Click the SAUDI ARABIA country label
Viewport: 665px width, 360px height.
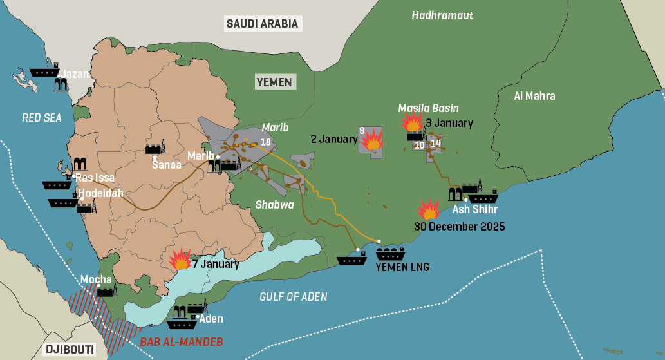click(x=263, y=24)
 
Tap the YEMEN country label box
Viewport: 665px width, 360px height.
click(x=274, y=82)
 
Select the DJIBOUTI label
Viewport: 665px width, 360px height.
click(x=69, y=350)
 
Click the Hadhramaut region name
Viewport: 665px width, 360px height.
click(x=442, y=15)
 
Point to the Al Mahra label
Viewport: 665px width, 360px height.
click(x=534, y=96)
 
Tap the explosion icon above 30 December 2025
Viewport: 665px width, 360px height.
click(x=428, y=209)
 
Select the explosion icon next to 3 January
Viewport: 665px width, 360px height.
click(x=411, y=121)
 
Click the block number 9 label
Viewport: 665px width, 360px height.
click(x=362, y=131)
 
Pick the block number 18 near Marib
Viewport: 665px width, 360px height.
click(x=265, y=142)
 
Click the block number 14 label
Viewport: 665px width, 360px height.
click(x=436, y=144)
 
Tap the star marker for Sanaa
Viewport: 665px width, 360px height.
click(x=155, y=156)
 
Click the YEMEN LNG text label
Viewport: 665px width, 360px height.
click(x=402, y=267)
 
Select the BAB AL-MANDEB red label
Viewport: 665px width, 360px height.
click(x=182, y=342)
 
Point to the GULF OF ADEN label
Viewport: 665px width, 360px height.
click(x=293, y=297)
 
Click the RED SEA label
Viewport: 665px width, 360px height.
click(x=41, y=117)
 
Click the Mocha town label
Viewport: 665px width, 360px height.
click(x=96, y=279)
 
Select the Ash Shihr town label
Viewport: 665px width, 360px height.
click(x=474, y=209)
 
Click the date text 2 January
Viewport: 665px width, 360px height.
click(x=333, y=139)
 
